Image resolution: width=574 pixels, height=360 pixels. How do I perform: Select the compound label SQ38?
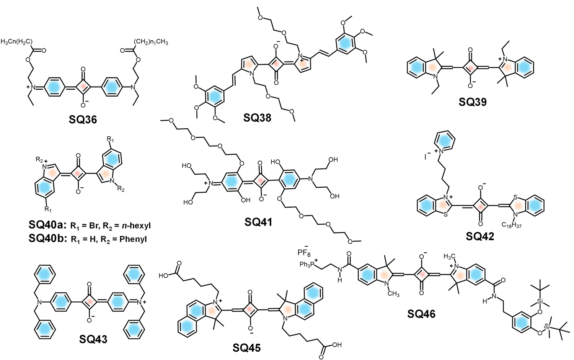[257, 118]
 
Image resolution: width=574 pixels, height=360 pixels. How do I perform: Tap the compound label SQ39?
[473, 102]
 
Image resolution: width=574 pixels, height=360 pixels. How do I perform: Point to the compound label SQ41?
[258, 221]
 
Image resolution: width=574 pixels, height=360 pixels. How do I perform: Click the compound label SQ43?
[93, 339]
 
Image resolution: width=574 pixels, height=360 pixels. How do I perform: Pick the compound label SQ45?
[246, 348]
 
